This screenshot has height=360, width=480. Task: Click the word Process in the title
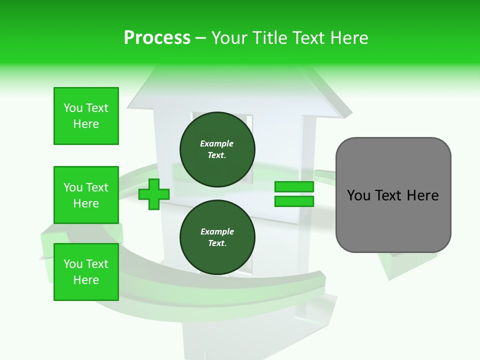pyautogui.click(x=157, y=38)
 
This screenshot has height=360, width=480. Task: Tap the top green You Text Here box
pyautogui.click(x=86, y=116)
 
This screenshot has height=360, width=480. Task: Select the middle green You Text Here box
pyautogui.click(x=86, y=195)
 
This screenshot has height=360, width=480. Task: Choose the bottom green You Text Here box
pyautogui.click(x=86, y=272)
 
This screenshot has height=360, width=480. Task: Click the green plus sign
pyautogui.click(x=154, y=194)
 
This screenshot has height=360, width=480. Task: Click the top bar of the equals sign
pyautogui.click(x=294, y=186)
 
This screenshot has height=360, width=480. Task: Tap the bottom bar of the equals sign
pyautogui.click(x=294, y=201)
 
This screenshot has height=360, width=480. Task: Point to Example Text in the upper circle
pyautogui.click(x=217, y=149)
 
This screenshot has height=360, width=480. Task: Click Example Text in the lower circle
pyautogui.click(x=217, y=237)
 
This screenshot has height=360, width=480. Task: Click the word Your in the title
pyautogui.click(x=229, y=38)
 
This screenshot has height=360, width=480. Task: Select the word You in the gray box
pyautogui.click(x=358, y=195)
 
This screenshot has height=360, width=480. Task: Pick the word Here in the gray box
pyautogui.click(x=422, y=195)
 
